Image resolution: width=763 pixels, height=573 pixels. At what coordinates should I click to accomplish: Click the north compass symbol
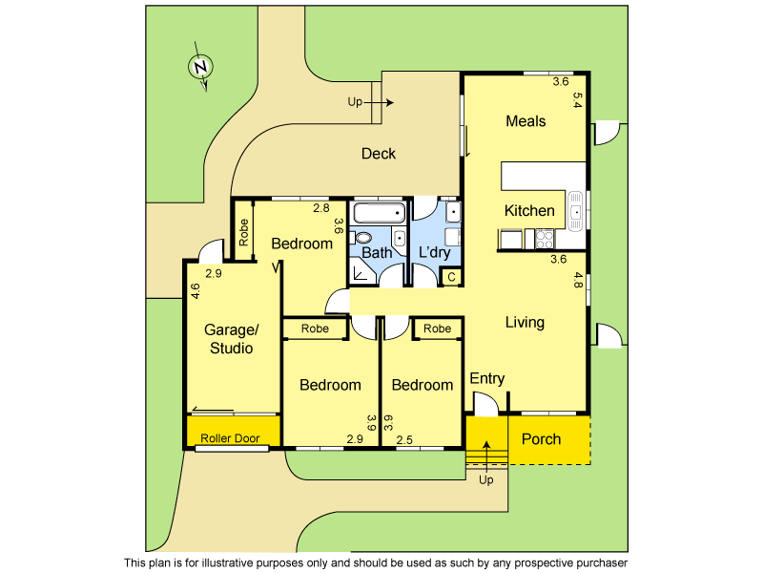[x=200, y=68]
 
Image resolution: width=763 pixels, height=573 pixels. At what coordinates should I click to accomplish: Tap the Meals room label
[x=526, y=121]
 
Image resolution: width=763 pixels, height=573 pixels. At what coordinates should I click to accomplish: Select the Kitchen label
[x=529, y=211]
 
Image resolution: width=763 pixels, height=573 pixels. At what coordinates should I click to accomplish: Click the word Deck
[x=379, y=154]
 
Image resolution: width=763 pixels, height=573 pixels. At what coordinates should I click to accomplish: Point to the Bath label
[x=377, y=253]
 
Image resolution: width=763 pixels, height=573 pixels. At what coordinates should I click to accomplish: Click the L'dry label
[x=435, y=253]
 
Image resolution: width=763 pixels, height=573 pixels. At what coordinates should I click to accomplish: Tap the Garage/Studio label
[x=231, y=339]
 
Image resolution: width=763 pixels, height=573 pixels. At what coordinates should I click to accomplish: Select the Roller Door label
[x=230, y=439]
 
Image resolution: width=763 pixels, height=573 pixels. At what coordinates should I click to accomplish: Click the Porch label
[x=541, y=439]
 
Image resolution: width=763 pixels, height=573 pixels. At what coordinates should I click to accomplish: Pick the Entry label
[x=486, y=379]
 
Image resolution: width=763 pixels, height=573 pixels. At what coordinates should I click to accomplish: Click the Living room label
[x=525, y=322]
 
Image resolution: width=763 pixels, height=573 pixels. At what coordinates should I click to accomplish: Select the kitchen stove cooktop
[x=545, y=240]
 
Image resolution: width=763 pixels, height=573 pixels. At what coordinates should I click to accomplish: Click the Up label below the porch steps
[x=486, y=479]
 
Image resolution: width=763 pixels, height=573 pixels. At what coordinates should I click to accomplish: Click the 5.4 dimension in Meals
[x=577, y=100]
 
